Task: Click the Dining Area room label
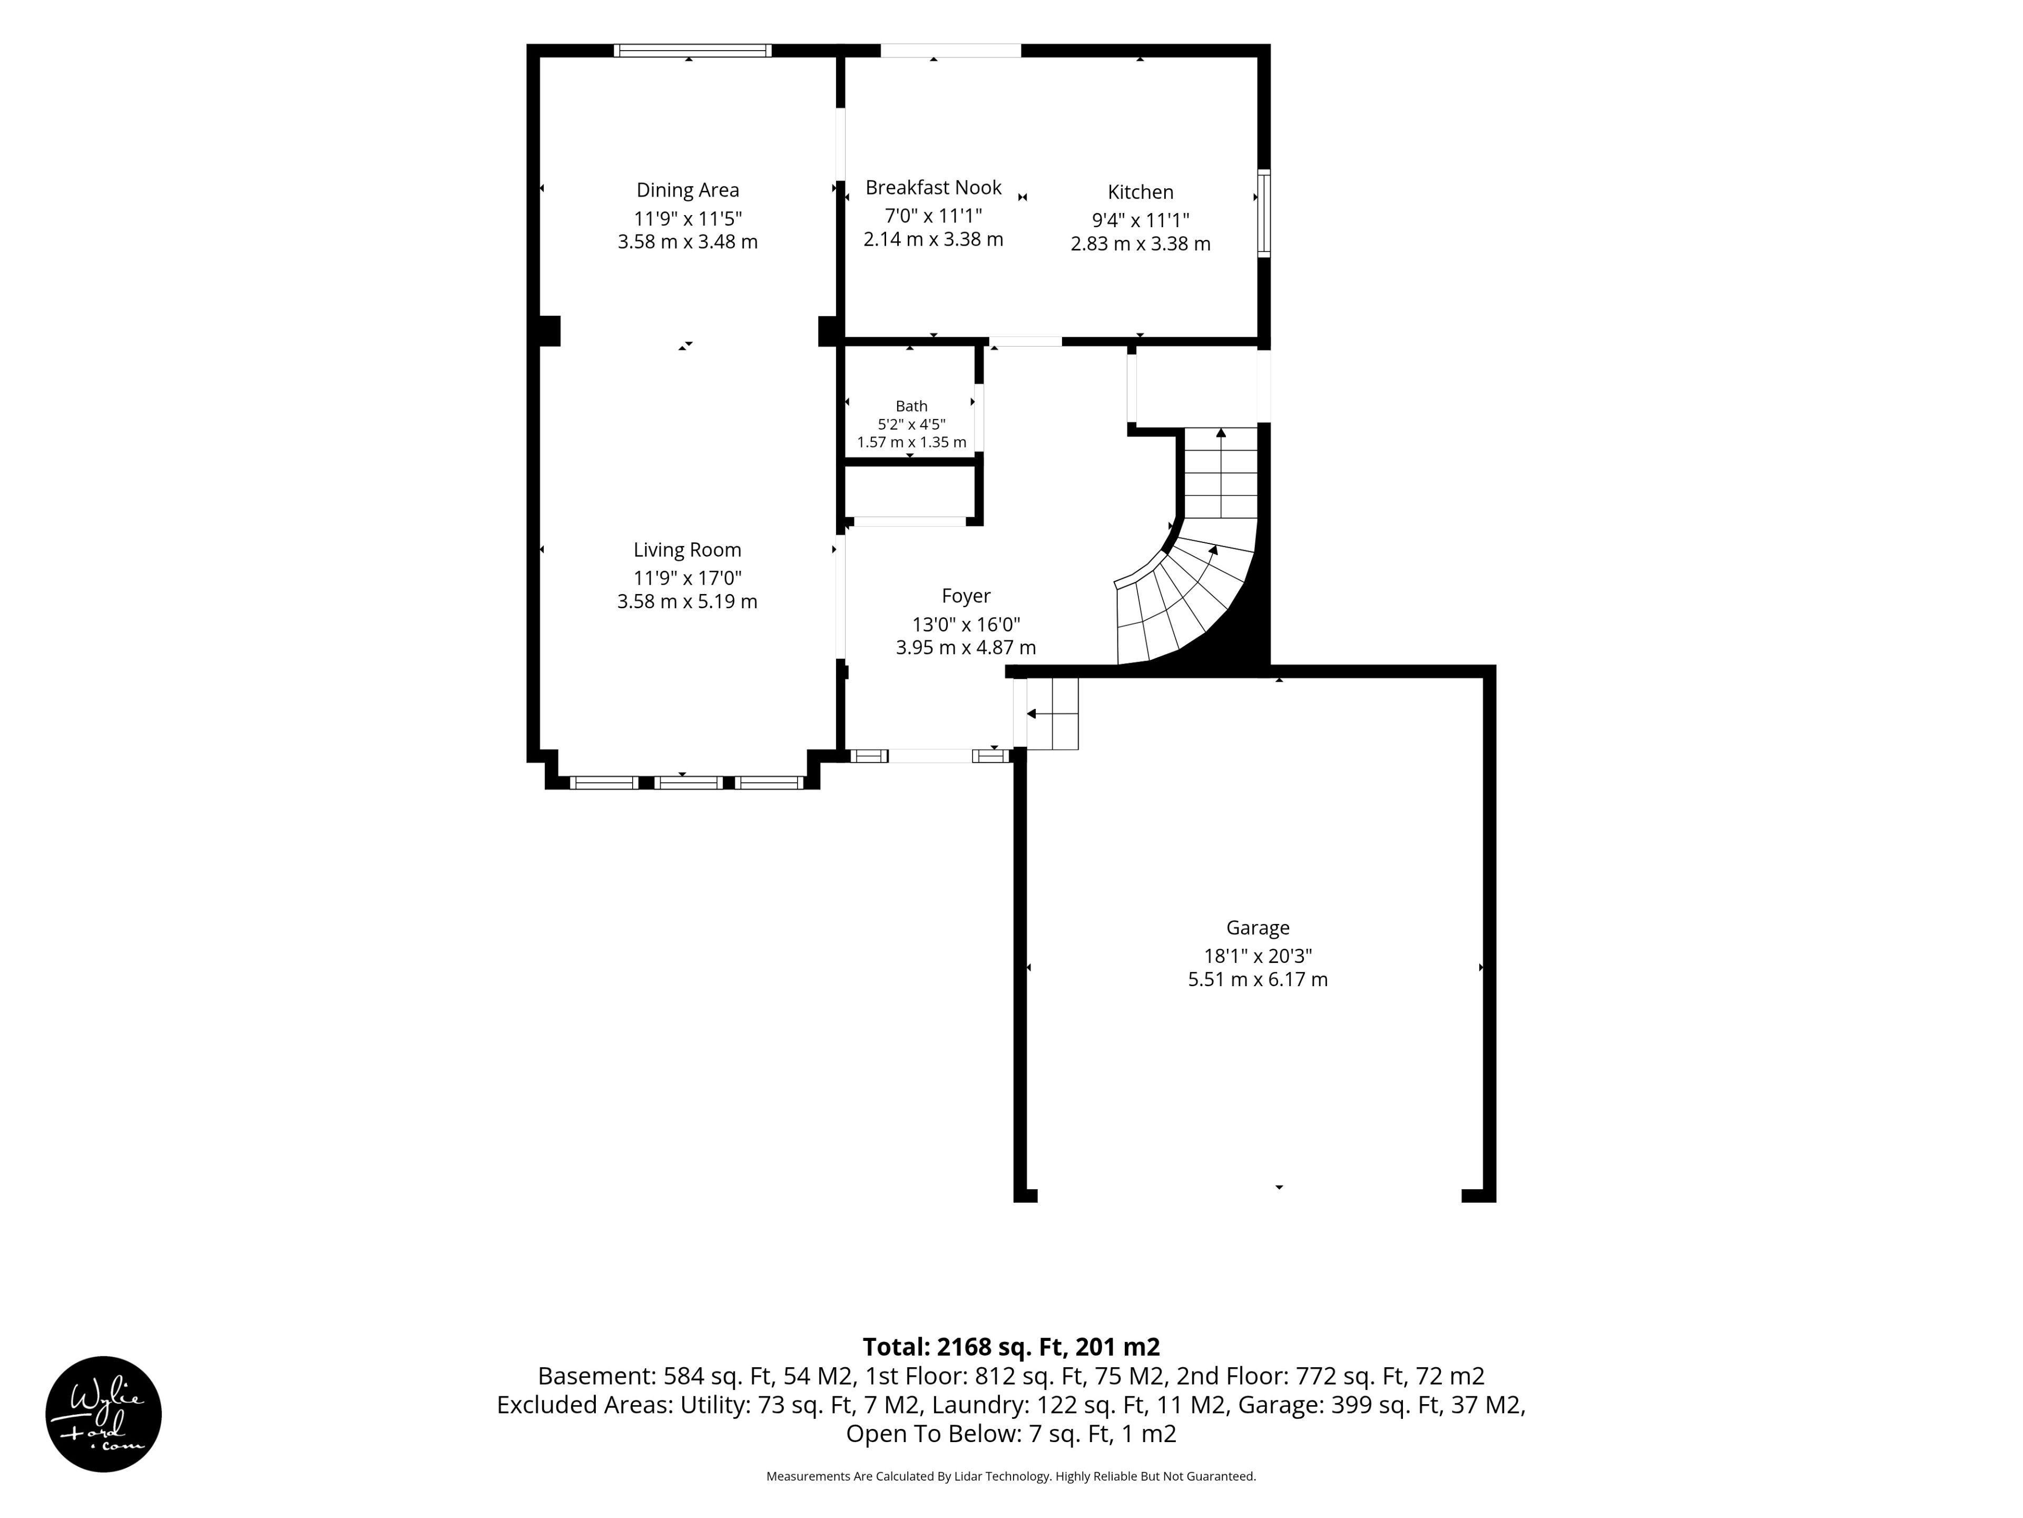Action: pyautogui.click(x=688, y=190)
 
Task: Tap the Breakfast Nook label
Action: pyautogui.click(x=934, y=188)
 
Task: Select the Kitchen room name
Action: pyautogui.click(x=1141, y=192)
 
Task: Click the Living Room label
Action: pyautogui.click(x=688, y=550)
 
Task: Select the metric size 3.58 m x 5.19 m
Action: pyautogui.click(x=688, y=602)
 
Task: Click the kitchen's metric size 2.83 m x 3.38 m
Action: pyautogui.click(x=1141, y=245)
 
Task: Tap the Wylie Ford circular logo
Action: pyautogui.click(x=103, y=1414)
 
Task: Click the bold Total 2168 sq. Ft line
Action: pyautogui.click(x=1011, y=1347)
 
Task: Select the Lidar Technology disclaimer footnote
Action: pyautogui.click(x=1011, y=1476)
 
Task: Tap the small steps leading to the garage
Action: pyautogui.click(x=1052, y=714)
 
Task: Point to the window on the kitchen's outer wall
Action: pyautogui.click(x=1264, y=212)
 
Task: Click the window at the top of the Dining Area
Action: pyautogui.click(x=692, y=50)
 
